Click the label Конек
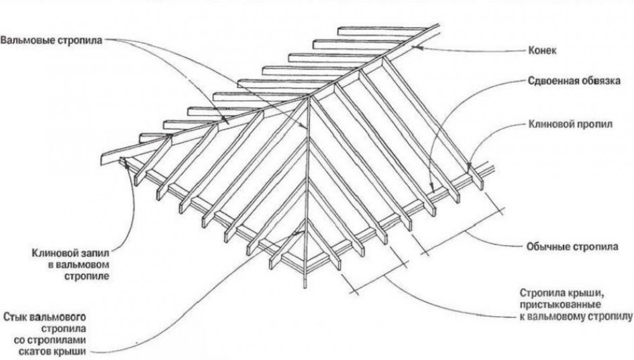point(542,50)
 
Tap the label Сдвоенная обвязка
point(574,81)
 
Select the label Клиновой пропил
point(570,124)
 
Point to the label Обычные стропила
point(572,247)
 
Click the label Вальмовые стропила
point(52,41)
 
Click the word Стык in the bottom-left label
point(15,316)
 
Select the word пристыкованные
point(560,304)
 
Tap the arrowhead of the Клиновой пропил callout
point(469,167)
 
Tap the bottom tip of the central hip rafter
point(305,287)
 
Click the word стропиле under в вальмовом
point(87,276)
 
